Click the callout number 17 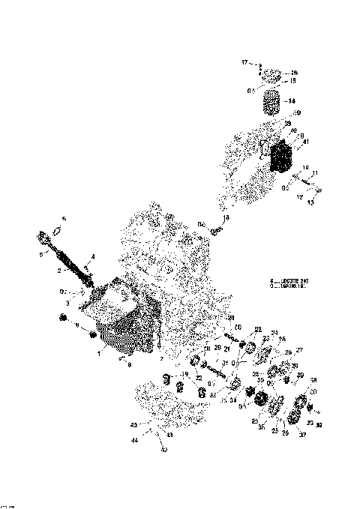point(244,63)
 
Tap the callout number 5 point(40,253)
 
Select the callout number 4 point(92,258)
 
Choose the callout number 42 point(163,451)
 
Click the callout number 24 point(274,333)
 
